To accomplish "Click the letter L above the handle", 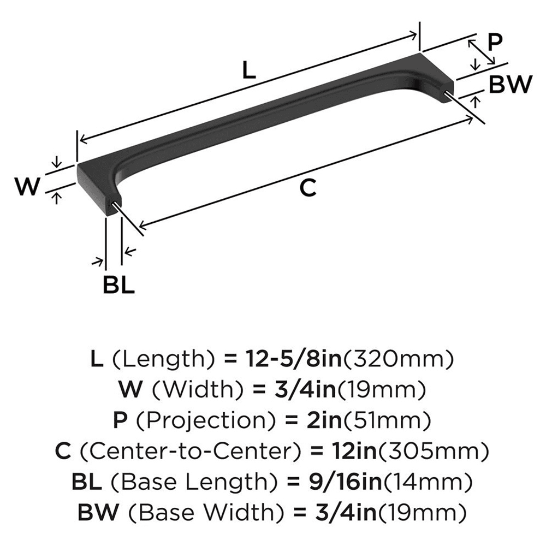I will pyautogui.click(x=249, y=70).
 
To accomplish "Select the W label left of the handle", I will pyautogui.click(x=27, y=187).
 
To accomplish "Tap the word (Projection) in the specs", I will pyautogui.click(x=207, y=420).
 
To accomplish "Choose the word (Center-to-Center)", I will pyautogui.click(x=189, y=451).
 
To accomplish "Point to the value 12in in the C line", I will pyautogui.click(x=342, y=451).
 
